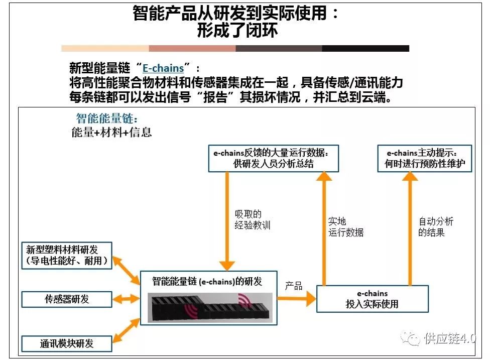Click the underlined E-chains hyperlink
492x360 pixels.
pos(163,68)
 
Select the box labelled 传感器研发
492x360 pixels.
pos(67,299)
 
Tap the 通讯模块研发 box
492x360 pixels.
pos(67,343)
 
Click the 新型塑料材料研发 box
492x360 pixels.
pos(67,255)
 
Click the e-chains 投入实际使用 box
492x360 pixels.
pos(372,299)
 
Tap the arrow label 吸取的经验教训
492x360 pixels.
pos(252,220)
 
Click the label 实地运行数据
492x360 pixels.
pos(346,227)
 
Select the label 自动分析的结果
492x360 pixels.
pos(436,227)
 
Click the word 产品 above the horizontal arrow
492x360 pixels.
pos(294,286)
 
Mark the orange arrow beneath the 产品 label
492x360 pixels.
pos(296,299)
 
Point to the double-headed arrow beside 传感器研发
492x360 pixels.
pos(126,299)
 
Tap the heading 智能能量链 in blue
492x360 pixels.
pos(106,118)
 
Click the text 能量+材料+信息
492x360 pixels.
pos(111,133)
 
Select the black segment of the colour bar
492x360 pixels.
pos(365,49)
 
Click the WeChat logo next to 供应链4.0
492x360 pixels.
pos(413,339)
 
